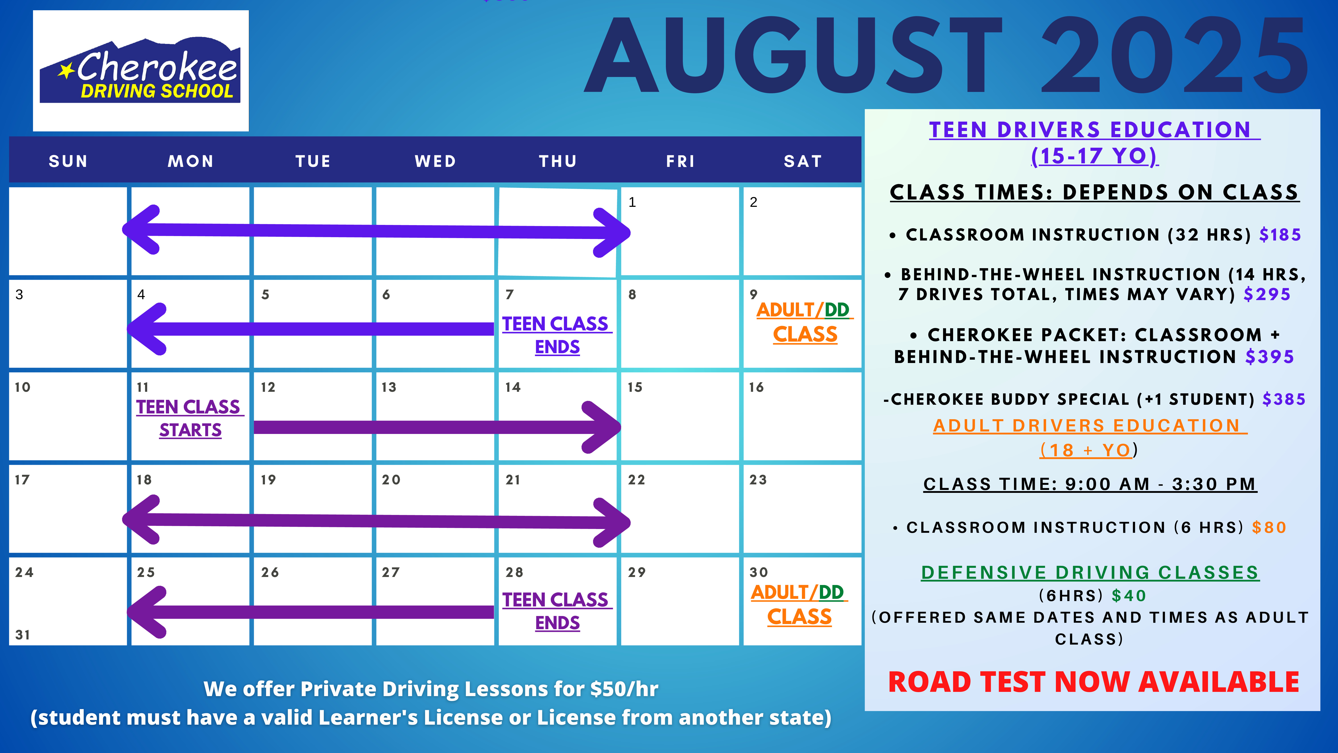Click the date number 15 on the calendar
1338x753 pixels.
635,387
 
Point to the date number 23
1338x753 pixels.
758,480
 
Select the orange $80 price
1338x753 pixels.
1269,527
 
